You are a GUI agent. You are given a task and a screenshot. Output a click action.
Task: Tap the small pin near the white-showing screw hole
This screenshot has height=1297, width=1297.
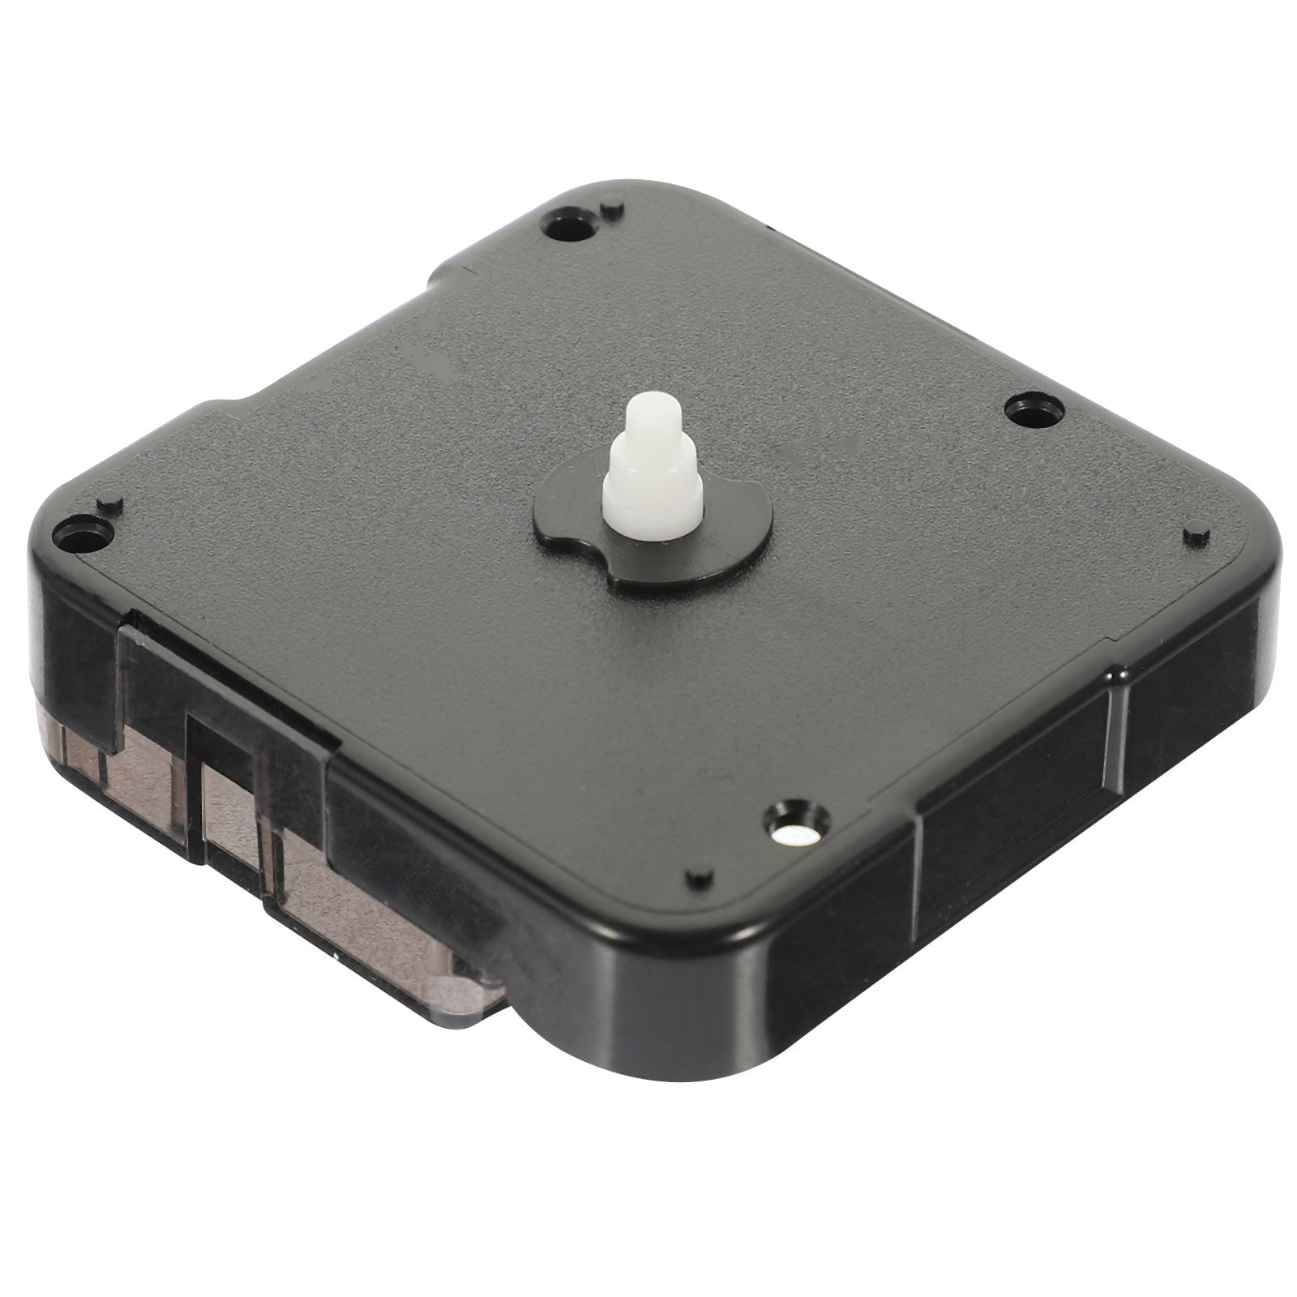click(x=698, y=878)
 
